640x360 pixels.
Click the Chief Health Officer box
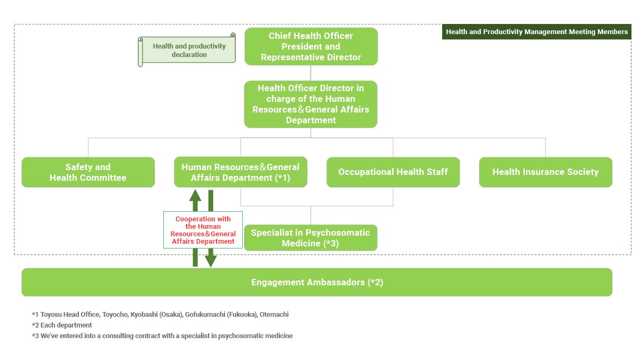[311, 46]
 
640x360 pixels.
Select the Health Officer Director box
[311, 104]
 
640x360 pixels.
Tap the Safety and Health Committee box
[88, 172]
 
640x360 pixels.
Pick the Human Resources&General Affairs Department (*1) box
[241, 172]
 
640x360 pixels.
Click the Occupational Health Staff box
[393, 172]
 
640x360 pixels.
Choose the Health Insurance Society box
[546, 172]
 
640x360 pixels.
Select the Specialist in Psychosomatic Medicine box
[311, 238]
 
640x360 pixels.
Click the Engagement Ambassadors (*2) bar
[317, 282]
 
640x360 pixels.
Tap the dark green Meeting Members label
[537, 32]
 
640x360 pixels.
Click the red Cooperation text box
[203, 230]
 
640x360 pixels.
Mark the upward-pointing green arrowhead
[195, 196]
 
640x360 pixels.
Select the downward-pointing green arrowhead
[211, 260]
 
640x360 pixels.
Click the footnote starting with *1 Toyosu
[160, 315]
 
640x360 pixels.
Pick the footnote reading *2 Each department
[62, 325]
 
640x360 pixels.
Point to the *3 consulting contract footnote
[162, 336]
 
